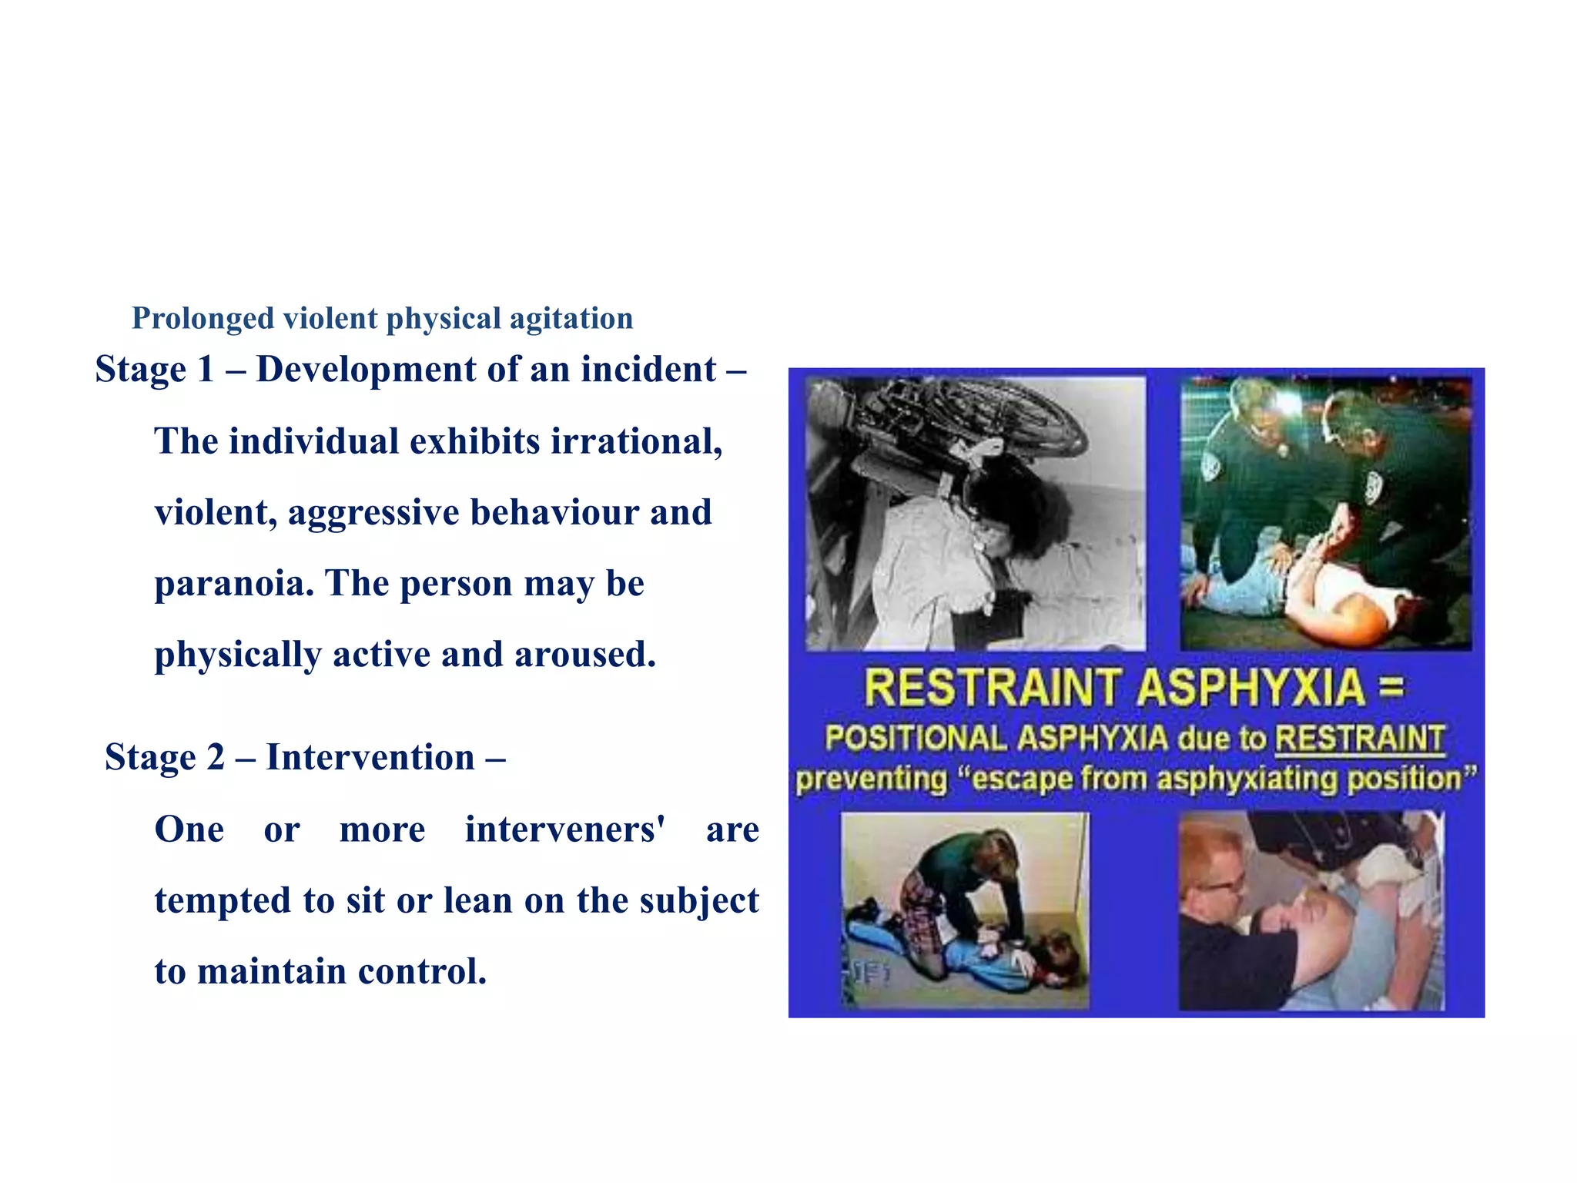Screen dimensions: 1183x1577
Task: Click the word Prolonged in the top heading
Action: (203, 319)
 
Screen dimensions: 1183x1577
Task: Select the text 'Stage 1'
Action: (154, 370)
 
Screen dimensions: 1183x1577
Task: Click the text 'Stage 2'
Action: (164, 758)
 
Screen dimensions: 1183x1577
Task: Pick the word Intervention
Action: (370, 758)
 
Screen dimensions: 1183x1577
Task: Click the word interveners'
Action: (564, 830)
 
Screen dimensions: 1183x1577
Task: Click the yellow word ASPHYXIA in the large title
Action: (1251, 688)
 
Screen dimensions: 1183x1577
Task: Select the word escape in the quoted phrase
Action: (1021, 779)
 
